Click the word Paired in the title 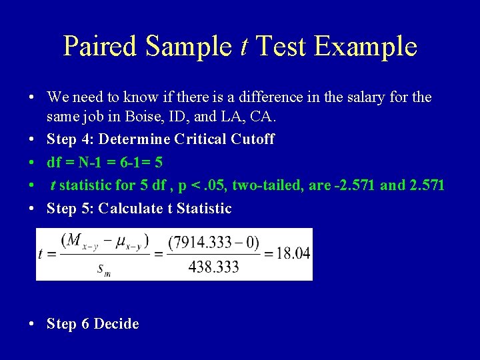(100, 46)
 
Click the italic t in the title (244, 46)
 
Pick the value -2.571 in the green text (356, 185)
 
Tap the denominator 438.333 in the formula (213, 267)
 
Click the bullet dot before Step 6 (32, 324)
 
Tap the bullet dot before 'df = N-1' (32, 163)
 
